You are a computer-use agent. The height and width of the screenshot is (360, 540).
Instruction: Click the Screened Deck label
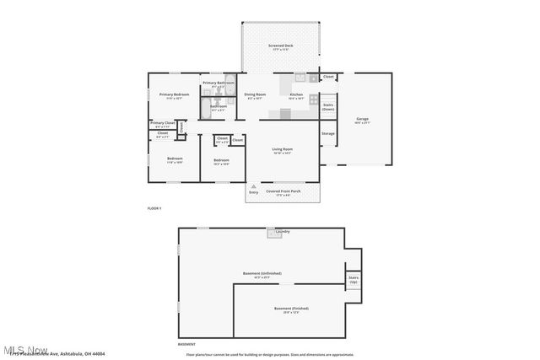click(x=281, y=46)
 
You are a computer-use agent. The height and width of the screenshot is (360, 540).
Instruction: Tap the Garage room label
click(x=362, y=119)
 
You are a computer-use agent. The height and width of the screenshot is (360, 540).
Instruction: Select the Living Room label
click(x=282, y=150)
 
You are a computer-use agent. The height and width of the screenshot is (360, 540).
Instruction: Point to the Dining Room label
click(x=255, y=94)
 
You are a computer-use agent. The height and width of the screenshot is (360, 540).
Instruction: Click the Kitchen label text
click(x=296, y=94)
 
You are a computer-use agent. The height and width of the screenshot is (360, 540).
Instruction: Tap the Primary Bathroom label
click(x=218, y=83)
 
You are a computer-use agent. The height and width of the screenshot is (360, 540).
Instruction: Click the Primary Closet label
click(x=163, y=123)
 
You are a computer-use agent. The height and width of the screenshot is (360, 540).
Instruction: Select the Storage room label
click(x=328, y=132)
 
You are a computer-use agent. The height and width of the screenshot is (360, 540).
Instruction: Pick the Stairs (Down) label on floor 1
click(x=328, y=107)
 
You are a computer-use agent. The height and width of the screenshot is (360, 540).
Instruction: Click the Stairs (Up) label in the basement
click(x=353, y=279)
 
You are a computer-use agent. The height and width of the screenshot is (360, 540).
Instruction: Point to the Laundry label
click(x=282, y=231)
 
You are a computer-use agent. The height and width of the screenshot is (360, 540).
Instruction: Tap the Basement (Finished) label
click(x=291, y=309)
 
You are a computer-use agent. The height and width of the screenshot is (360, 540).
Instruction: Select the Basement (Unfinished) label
click(x=261, y=274)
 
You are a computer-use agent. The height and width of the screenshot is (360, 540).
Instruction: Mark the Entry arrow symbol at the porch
click(x=253, y=185)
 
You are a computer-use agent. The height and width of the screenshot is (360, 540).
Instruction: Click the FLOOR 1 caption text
click(x=154, y=207)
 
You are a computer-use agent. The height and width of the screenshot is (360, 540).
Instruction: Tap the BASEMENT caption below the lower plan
click(x=186, y=344)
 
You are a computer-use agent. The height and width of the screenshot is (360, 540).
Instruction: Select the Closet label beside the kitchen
click(x=328, y=77)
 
